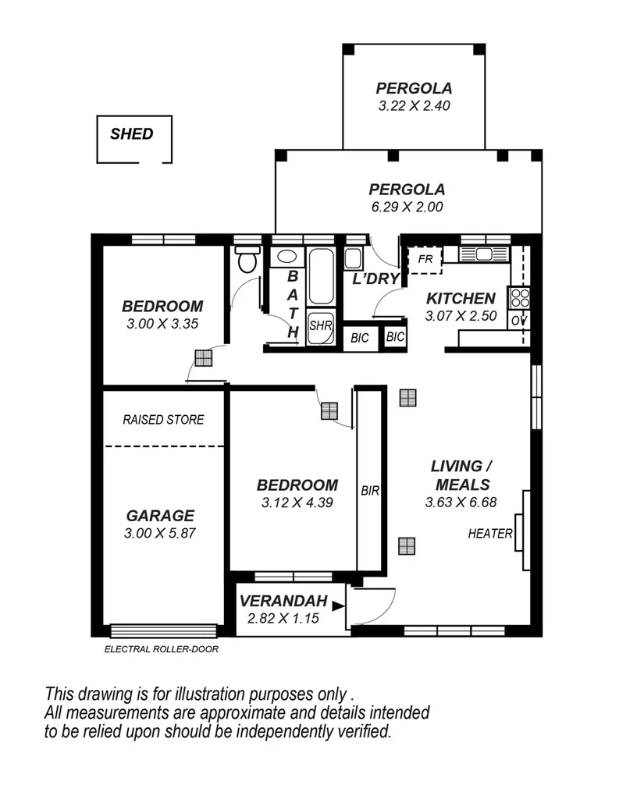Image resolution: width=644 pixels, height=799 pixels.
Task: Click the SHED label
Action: (x=131, y=133)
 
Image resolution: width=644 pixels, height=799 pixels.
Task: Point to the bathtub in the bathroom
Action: (x=321, y=278)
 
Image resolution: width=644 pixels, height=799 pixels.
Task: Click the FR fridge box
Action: (x=426, y=258)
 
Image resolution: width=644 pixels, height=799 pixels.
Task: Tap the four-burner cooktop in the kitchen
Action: (x=520, y=298)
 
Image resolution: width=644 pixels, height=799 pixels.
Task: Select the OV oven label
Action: (x=519, y=320)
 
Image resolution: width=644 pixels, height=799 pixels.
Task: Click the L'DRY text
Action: (x=376, y=279)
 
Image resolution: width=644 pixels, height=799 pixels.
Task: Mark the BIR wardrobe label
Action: (x=370, y=491)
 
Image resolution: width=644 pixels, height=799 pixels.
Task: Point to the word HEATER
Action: (x=490, y=534)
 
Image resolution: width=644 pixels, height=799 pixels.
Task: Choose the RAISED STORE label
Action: (x=163, y=420)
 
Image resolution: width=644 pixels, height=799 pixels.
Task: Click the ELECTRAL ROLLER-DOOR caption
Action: (x=161, y=648)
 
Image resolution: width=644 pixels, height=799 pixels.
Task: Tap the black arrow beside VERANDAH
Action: (x=337, y=605)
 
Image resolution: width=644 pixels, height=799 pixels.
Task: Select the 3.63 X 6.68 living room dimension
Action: (x=461, y=502)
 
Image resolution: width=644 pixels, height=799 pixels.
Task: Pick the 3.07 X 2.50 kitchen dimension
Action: (x=461, y=316)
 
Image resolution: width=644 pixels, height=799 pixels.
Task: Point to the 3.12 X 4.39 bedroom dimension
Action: (x=297, y=503)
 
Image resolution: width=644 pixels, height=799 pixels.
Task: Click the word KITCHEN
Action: (x=461, y=298)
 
